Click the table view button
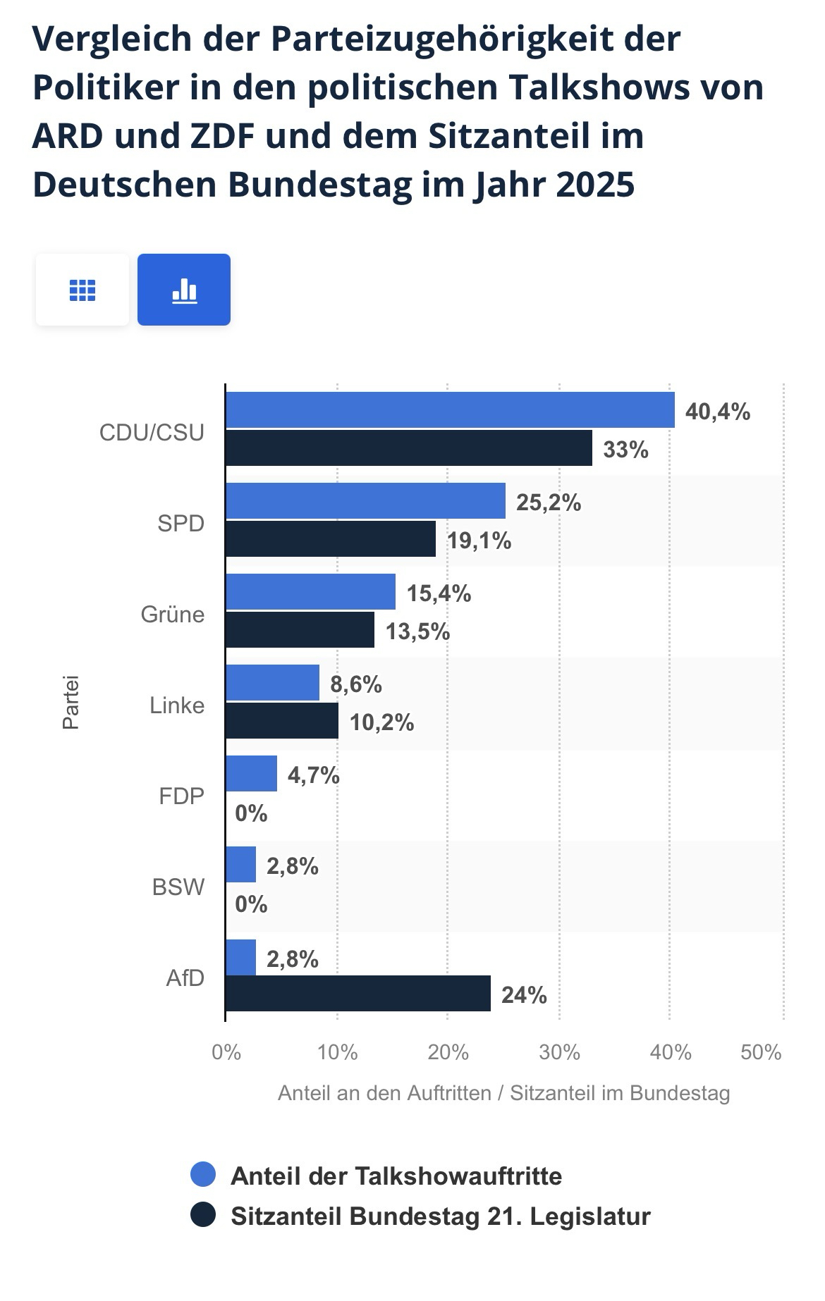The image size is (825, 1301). click(x=82, y=290)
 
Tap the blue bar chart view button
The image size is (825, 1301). click(x=184, y=290)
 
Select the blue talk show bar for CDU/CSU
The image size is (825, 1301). click(x=450, y=410)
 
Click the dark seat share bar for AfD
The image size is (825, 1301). click(x=358, y=994)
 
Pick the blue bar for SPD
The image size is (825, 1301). click(x=365, y=501)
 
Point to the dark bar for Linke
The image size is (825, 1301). click(x=282, y=721)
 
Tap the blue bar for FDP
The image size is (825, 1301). click(x=252, y=774)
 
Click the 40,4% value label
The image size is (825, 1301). click(x=717, y=412)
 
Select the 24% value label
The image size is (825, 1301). click(x=524, y=995)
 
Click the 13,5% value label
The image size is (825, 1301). click(x=417, y=631)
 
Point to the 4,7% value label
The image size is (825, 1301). click(x=314, y=776)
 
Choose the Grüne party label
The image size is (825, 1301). click(x=173, y=614)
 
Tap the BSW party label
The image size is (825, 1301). click(x=178, y=887)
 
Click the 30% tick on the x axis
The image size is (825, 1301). click(x=559, y=1052)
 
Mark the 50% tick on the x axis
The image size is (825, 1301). click(x=761, y=1052)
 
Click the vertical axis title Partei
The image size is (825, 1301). click(x=71, y=703)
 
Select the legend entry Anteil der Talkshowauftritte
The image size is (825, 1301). click(x=396, y=1176)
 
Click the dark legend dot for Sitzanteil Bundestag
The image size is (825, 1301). click(x=203, y=1215)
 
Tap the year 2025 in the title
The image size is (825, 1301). click(x=595, y=185)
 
